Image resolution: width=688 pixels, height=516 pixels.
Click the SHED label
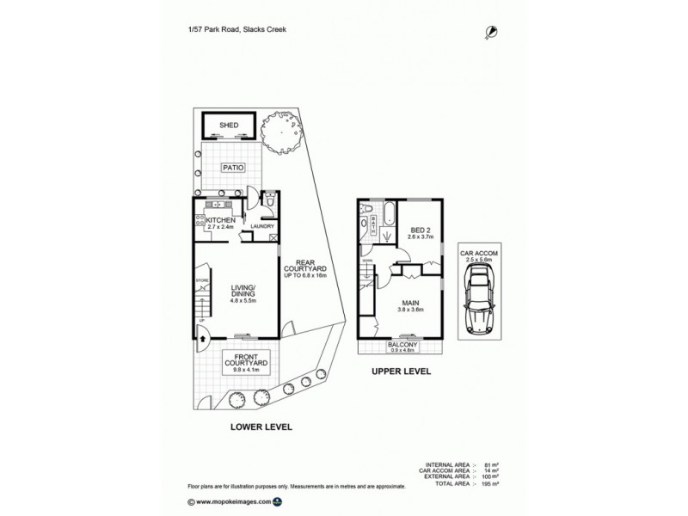[229, 126]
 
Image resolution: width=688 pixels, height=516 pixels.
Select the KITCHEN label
[221, 220]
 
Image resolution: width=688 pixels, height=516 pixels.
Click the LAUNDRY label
[262, 227]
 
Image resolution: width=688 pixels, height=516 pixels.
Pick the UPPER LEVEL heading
[400, 372]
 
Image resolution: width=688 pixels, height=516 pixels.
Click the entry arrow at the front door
[202, 339]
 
